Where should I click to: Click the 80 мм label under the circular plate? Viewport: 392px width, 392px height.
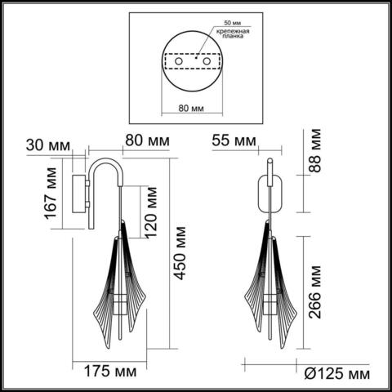pyautogui.click(x=190, y=107)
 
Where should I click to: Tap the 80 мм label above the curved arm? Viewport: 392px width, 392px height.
pyautogui.click(x=147, y=140)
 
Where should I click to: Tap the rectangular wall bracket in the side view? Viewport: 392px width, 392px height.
pyautogui.click(x=82, y=193)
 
